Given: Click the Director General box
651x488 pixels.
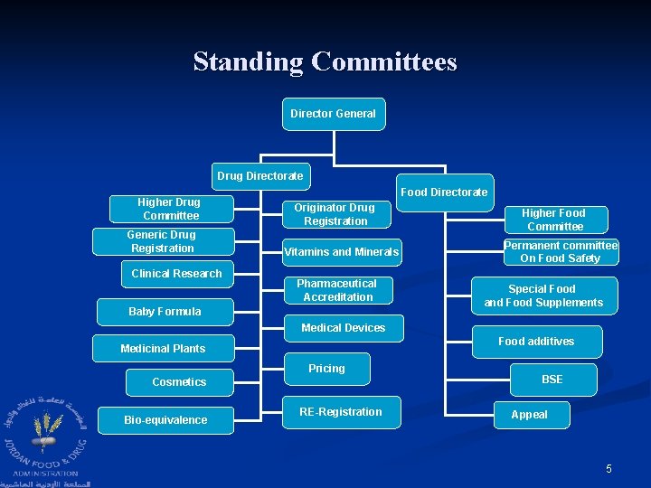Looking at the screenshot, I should pyautogui.click(x=333, y=114).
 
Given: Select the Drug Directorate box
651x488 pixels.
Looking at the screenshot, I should pyautogui.click(x=259, y=175).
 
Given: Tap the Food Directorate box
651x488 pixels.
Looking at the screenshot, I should pyautogui.click(x=444, y=192).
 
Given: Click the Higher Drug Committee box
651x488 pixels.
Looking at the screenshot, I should pyautogui.click(x=170, y=209).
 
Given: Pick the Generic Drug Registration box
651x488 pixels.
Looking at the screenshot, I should pyautogui.click(x=163, y=241).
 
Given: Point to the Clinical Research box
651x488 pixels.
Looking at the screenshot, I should pyautogui.click(x=176, y=274).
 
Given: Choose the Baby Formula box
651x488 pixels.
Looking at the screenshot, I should pyautogui.click(x=165, y=312).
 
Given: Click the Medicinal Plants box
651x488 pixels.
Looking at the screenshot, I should pyautogui.click(x=163, y=349).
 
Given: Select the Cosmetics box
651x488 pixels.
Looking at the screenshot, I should pyautogui.click(x=179, y=382).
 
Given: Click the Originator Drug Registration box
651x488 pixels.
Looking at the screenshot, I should pyautogui.click(x=335, y=214).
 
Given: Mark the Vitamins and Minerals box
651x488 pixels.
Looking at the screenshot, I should pyautogui.click(x=341, y=252).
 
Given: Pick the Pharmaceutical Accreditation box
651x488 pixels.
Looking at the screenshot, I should pyautogui.click(x=336, y=290).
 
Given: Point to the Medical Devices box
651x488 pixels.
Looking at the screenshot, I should pyautogui.click(x=343, y=328).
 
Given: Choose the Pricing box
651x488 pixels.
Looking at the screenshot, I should pyautogui.click(x=326, y=369).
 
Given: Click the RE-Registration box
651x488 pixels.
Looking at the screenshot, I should pyautogui.click(x=341, y=412).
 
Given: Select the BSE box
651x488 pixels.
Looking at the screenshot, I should pyautogui.click(x=552, y=380).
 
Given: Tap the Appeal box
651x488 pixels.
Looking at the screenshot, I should pyautogui.click(x=529, y=415).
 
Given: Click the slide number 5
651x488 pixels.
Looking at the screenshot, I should pyautogui.click(x=609, y=468).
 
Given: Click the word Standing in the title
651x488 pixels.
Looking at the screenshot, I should pyautogui.click(x=248, y=62).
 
